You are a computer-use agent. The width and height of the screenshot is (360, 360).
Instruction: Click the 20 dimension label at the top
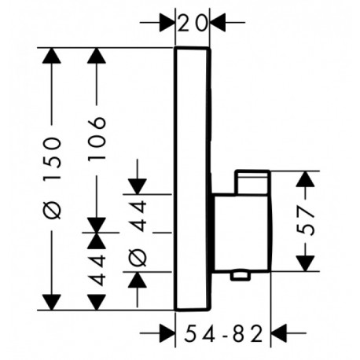[193, 24]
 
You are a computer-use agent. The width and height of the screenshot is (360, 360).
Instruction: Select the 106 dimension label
[97, 138]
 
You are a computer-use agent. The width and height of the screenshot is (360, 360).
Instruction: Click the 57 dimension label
[305, 221]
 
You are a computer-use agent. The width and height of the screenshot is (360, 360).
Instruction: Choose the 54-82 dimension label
[223, 333]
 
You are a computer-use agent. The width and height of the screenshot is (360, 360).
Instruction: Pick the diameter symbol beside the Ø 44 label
[138, 257]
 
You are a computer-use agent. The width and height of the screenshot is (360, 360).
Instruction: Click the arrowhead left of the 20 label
[167, 23]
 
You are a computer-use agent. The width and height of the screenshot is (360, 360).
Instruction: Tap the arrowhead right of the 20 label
[218, 23]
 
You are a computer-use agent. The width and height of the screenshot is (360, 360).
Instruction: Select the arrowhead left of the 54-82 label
[167, 333]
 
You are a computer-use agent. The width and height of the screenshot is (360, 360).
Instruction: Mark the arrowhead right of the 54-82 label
[278, 333]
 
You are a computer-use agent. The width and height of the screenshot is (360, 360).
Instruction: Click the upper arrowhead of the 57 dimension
[305, 179]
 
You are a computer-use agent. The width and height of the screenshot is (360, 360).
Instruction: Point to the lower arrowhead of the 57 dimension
[305, 263]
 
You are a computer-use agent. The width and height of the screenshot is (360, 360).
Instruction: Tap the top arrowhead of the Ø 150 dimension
[52, 56]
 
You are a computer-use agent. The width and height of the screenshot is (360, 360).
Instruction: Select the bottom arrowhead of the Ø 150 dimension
[52, 303]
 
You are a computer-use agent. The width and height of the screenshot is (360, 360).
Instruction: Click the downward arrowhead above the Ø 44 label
[138, 186]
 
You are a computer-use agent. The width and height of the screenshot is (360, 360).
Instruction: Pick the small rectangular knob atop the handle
[252, 182]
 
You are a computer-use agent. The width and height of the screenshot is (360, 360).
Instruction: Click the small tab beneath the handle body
[240, 276]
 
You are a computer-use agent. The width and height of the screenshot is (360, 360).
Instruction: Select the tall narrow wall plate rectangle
[193, 178]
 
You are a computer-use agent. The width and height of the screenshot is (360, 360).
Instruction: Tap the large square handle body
[241, 233]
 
